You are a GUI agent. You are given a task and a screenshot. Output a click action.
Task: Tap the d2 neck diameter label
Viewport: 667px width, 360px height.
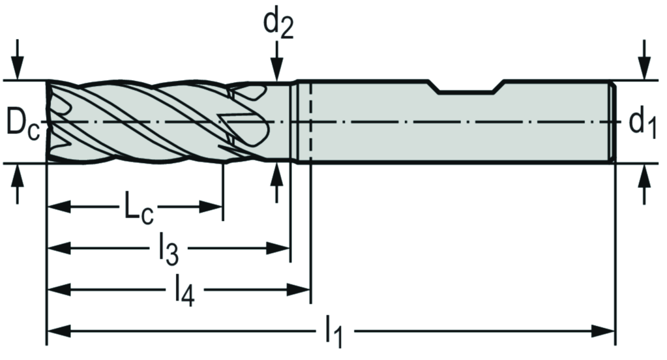[x=277, y=24]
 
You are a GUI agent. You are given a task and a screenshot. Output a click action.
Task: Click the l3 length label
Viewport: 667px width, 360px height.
[x=168, y=250]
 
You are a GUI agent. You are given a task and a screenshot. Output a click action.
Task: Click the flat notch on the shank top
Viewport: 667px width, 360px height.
[x=468, y=90]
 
